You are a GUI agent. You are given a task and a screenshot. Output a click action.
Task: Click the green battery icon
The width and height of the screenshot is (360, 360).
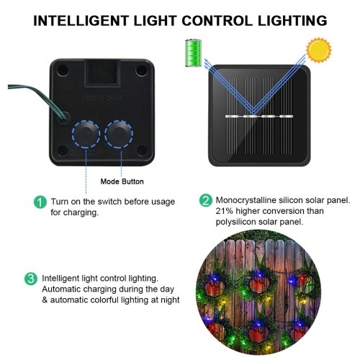(193, 53)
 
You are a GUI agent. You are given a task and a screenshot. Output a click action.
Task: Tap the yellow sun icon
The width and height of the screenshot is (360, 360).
(319, 50)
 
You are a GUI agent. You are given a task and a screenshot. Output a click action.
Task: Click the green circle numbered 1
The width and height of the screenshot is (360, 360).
(40, 202)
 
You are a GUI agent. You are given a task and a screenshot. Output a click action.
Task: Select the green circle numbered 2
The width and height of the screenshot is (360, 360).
(206, 201)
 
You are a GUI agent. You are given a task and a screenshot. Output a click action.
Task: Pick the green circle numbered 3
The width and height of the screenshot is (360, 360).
(31, 279)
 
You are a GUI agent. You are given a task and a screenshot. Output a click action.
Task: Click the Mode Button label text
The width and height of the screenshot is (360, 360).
(122, 181)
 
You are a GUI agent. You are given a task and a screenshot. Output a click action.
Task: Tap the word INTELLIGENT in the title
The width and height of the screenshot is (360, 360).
(81, 21)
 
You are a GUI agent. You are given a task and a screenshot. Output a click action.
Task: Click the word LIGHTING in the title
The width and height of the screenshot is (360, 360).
(292, 21)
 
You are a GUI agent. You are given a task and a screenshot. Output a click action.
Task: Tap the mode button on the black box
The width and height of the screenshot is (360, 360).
(119, 134)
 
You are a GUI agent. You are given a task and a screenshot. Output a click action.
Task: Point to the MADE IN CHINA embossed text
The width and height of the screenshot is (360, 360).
(102, 98)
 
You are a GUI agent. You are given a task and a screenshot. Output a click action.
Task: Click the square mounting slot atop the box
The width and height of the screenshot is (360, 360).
(102, 73)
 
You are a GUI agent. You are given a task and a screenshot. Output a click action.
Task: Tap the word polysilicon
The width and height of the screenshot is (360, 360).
(235, 222)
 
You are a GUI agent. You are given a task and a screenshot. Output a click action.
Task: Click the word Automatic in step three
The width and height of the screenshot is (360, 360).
(61, 289)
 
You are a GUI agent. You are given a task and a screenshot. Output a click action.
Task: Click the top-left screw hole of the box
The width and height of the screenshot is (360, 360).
(63, 70)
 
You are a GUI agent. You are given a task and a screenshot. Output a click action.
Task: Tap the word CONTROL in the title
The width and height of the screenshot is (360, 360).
(217, 21)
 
